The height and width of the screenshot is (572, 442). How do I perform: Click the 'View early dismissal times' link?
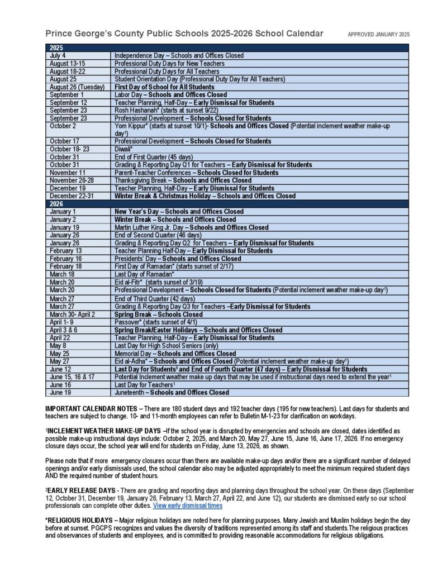tap(187, 506)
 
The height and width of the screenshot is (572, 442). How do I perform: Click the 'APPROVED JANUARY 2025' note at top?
tap(378, 35)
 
